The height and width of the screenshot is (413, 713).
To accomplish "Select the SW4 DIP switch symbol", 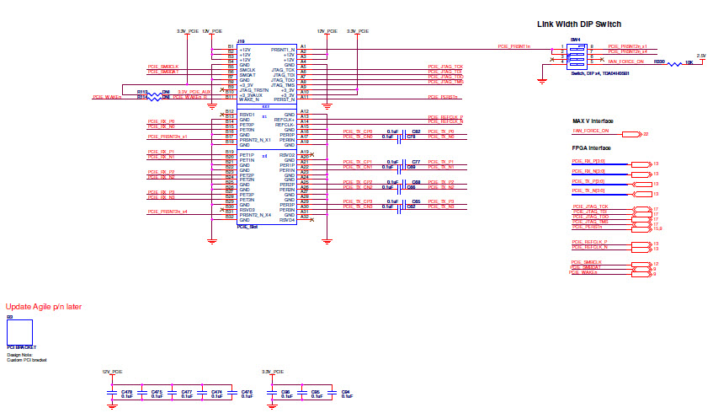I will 576,54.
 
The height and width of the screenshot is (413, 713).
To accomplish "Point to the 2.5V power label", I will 700,56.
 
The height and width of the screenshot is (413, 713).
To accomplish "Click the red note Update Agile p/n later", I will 44,307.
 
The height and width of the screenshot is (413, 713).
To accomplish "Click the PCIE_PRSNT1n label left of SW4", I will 513,46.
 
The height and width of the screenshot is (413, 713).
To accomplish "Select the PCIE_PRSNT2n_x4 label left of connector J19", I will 167,212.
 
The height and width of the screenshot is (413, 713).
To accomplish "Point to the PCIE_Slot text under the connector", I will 247,227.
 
